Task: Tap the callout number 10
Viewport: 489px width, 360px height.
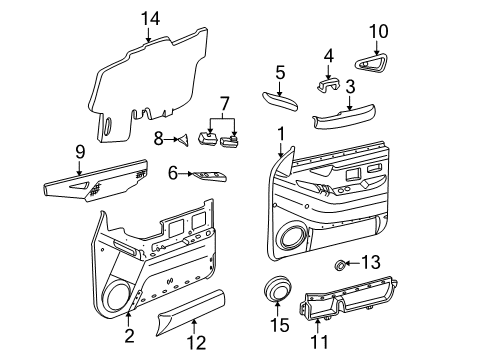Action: click(x=378, y=31)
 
